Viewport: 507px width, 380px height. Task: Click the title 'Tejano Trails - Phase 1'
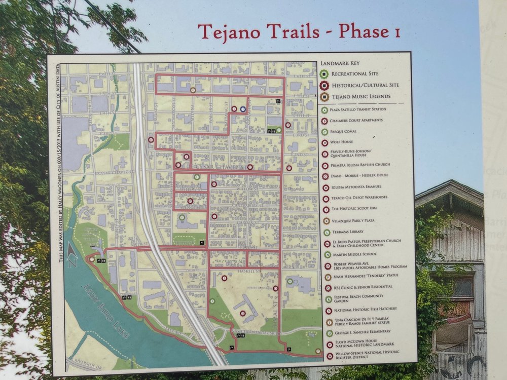tap(299, 32)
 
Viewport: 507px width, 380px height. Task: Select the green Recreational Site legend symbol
tap(323, 74)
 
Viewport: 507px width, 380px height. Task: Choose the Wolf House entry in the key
tap(342, 142)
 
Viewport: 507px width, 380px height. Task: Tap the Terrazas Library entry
tap(347, 232)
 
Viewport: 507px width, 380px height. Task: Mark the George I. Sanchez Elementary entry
tap(361, 332)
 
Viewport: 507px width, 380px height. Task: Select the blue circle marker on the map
tap(243, 109)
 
